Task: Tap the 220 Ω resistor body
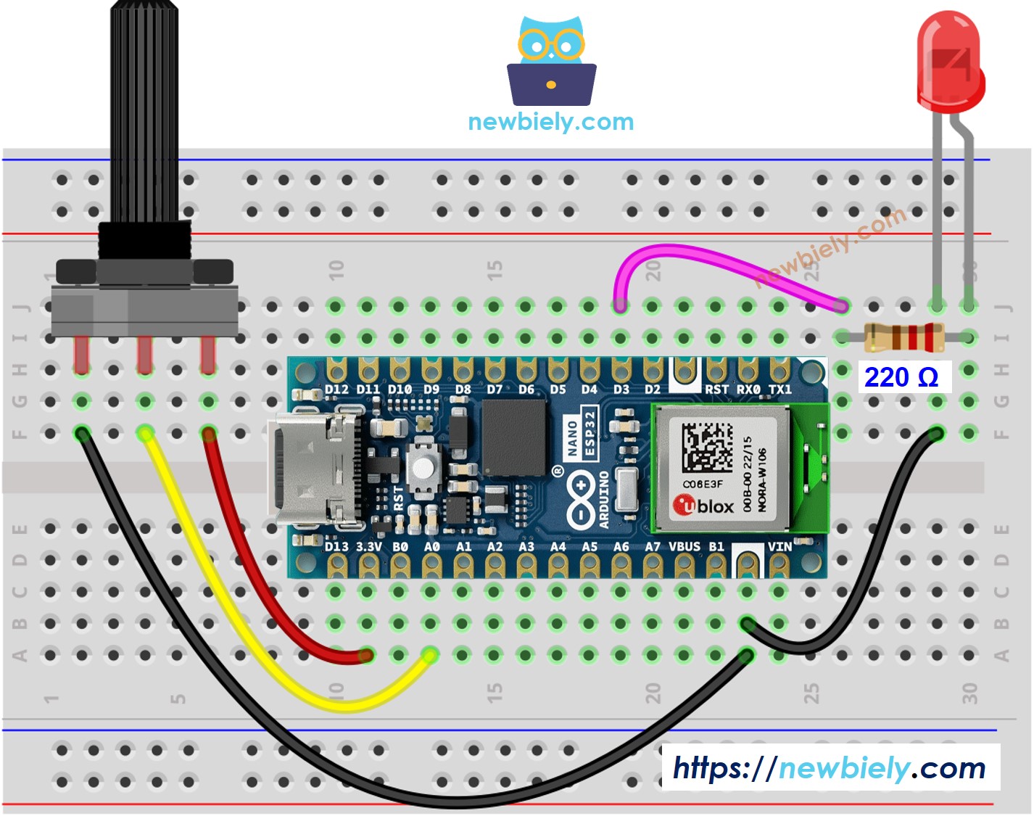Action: [903, 337]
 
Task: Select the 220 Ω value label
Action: [901, 377]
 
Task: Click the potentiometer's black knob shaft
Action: [144, 109]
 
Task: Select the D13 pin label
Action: [336, 546]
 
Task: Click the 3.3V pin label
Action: [369, 546]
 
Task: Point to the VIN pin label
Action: [779, 546]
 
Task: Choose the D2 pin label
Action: [653, 390]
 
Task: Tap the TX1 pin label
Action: [780, 390]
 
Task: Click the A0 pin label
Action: [431, 546]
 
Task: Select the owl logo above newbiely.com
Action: [551, 62]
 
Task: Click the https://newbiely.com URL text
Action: [830, 767]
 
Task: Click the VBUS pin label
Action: [684, 546]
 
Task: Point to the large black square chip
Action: [513, 437]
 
